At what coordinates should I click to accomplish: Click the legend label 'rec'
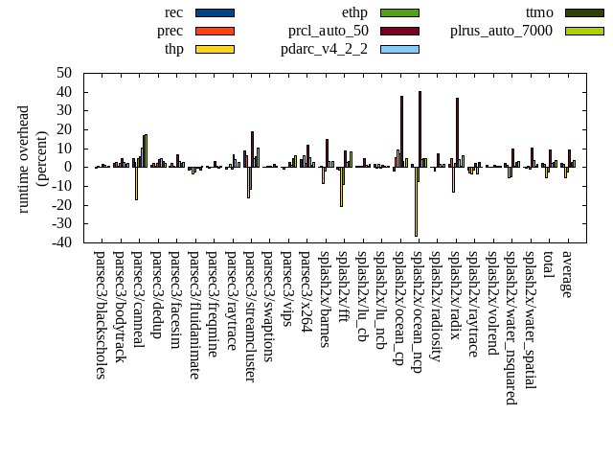click(173, 12)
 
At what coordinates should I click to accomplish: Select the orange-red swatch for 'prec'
click(215, 31)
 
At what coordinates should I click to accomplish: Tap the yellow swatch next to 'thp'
click(215, 49)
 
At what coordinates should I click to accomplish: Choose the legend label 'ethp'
click(354, 12)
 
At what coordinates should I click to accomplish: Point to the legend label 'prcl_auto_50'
click(329, 31)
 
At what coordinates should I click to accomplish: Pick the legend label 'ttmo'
click(540, 12)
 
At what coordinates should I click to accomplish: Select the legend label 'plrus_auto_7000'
click(501, 31)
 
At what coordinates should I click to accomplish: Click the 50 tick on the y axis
click(64, 73)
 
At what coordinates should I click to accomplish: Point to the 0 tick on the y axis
click(68, 167)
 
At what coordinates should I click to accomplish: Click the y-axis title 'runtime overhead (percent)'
click(32, 158)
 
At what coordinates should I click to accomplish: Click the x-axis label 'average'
click(566, 274)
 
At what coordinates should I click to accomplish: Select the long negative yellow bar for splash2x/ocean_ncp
click(416, 201)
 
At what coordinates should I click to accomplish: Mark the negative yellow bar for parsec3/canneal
click(136, 183)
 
